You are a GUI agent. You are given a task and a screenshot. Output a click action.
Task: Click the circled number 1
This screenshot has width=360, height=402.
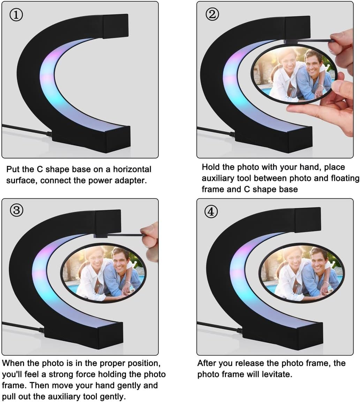click(16, 15)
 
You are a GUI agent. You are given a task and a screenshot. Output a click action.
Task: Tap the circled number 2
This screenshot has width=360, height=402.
click(212, 14)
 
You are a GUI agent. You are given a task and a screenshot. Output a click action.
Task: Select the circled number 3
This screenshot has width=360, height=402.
click(17, 210)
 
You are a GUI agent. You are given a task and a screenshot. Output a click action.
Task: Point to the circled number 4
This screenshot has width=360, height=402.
click(211, 212)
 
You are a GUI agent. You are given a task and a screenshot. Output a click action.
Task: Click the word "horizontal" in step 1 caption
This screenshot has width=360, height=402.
click(132, 169)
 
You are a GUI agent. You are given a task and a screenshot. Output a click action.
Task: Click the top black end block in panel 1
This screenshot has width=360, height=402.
click(115, 26)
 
